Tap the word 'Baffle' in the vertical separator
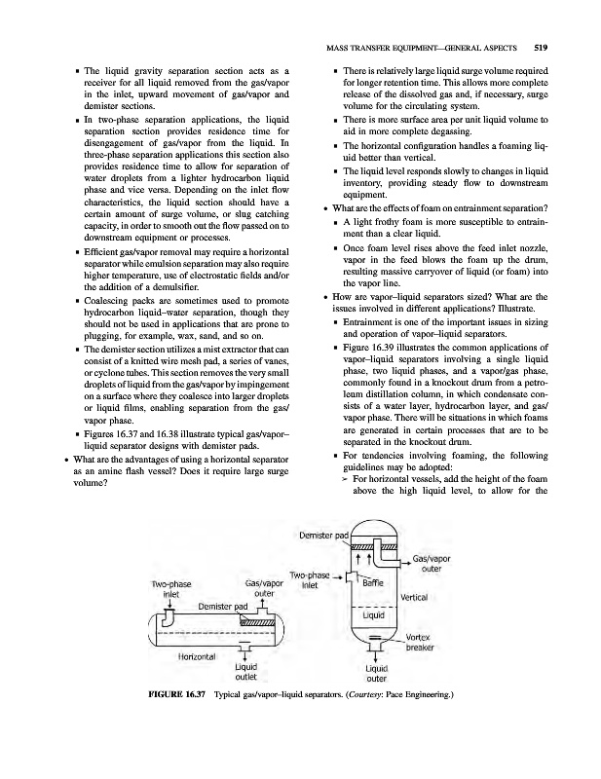(x=373, y=583)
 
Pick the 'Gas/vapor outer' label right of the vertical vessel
(x=431, y=564)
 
